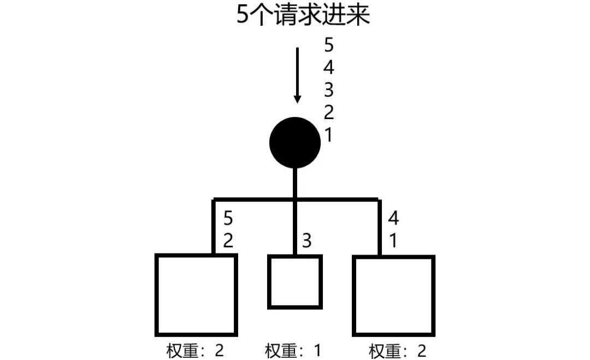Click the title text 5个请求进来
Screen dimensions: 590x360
tap(303, 16)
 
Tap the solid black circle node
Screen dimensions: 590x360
tap(295, 143)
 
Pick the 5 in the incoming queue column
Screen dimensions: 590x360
tap(329, 44)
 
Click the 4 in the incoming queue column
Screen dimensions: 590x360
tap(329, 67)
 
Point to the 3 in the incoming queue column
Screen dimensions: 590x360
tap(329, 90)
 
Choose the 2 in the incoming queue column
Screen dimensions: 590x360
tap(329, 113)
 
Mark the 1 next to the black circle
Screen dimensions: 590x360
tap(328, 135)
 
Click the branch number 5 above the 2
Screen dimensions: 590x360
tap(228, 219)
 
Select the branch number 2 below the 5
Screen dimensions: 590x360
tap(228, 240)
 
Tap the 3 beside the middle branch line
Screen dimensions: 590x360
tap(307, 240)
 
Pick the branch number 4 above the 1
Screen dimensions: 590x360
tap(393, 219)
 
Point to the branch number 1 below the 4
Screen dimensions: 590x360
tap(393, 240)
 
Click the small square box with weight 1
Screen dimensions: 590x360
tap(294, 282)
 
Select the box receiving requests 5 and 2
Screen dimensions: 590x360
tap(196, 294)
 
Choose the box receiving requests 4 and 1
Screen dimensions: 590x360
tap(393, 294)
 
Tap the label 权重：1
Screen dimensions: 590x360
tap(293, 350)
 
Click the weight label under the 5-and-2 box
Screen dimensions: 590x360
tap(196, 350)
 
